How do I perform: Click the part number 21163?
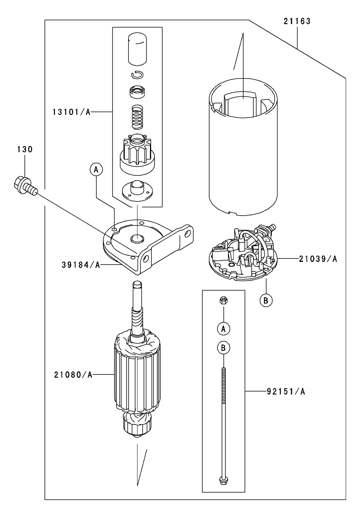tap(297, 21)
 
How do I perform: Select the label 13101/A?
tap(72, 112)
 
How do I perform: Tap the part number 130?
tap(24, 150)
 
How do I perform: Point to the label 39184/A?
tap(81, 265)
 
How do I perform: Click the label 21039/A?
tap(318, 259)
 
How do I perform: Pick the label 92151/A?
tap(286, 391)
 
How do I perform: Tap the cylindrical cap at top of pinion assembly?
tap(137, 49)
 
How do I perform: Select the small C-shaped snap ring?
tap(137, 75)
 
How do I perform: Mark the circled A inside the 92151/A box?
tap(224, 328)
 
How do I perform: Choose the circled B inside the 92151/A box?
tap(224, 348)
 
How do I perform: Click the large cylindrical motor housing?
tap(243, 153)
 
